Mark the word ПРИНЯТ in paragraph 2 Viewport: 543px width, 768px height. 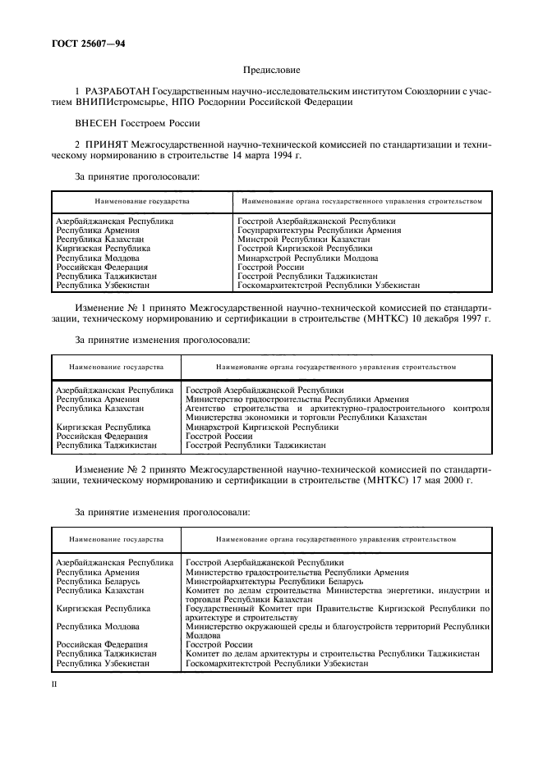[x=106, y=144]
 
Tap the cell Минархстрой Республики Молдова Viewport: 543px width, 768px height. [x=297, y=258]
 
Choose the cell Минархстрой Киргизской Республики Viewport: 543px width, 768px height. [x=262, y=427]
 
